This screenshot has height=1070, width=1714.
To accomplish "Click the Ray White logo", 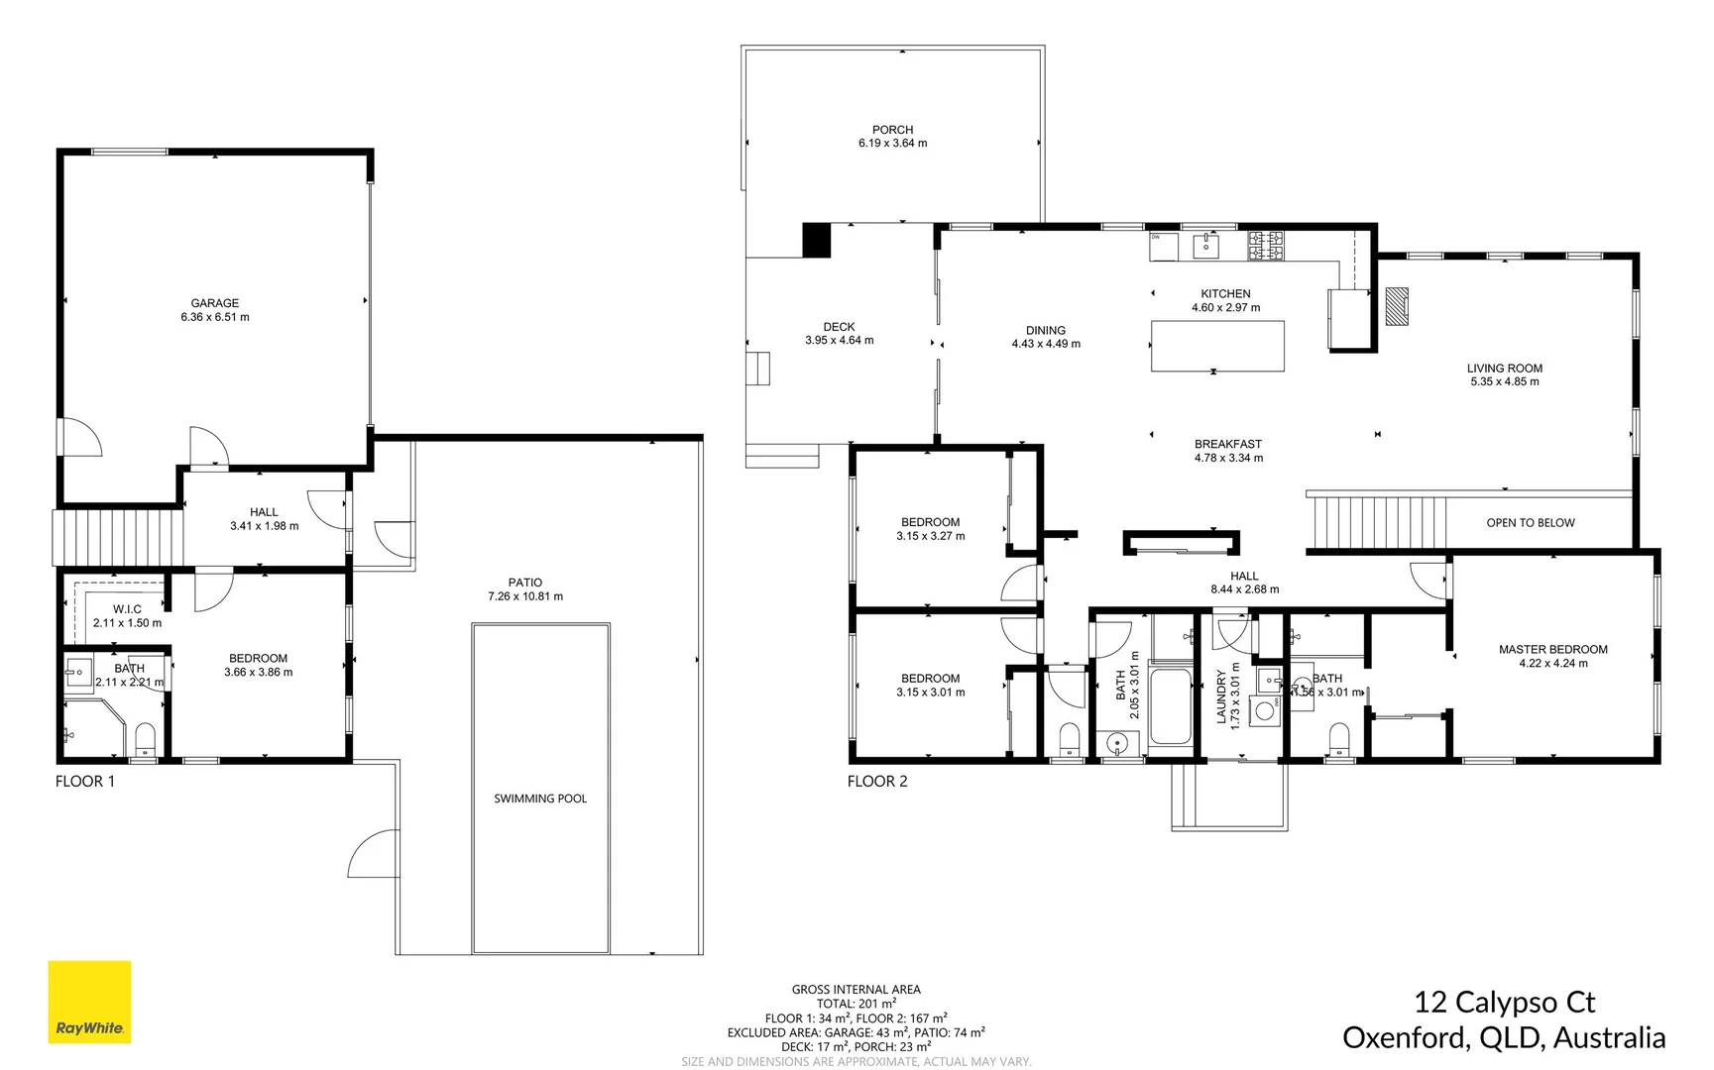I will coord(89,1002).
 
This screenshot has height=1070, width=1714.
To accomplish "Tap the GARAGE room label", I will coord(215,303).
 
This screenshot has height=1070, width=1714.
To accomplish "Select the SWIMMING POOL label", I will coord(540,799).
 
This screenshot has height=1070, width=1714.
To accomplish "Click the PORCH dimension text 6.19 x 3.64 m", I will coord(892,144).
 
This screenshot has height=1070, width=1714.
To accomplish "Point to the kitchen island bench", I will coord(1217,346).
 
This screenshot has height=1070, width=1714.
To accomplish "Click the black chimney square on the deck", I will coord(815,241).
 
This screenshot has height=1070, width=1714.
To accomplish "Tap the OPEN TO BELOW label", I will coord(1530,523).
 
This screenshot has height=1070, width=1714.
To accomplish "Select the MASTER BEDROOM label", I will coord(1552,650).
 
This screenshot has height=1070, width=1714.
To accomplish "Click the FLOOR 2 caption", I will coord(877,782).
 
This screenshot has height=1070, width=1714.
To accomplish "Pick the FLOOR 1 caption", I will coord(85,782).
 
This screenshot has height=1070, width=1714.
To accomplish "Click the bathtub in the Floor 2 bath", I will coord(1170,706).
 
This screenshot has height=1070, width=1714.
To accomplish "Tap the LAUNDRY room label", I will coord(1221,696).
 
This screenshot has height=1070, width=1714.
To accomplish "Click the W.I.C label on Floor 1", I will coord(127,609).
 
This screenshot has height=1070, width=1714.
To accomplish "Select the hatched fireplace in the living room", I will coord(1396,306).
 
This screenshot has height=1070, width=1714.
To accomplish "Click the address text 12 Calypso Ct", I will coord(1504,1003).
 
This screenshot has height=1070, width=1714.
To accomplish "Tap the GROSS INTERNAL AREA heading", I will coord(856,990).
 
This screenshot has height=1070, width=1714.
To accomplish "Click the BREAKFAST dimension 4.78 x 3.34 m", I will coord(1228,459).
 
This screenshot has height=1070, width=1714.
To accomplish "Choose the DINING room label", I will coord(1046,331).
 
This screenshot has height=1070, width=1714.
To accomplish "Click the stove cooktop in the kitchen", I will coord(1265,245).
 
